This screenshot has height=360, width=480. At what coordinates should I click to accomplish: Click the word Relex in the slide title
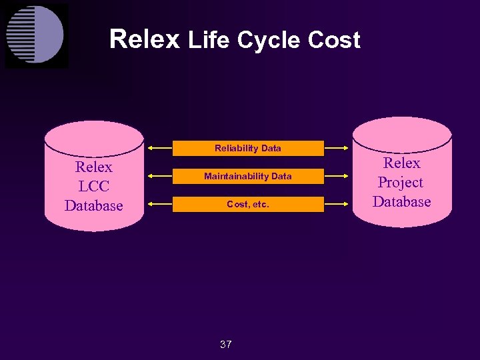click(x=144, y=39)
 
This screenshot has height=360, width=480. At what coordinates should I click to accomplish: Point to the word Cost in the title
click(x=334, y=41)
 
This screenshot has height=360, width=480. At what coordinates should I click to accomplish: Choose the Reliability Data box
click(x=248, y=148)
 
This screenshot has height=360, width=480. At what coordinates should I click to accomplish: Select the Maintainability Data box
click(x=248, y=176)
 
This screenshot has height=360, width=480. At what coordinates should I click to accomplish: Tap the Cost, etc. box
click(x=248, y=204)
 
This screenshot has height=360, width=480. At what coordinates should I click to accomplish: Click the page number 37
click(x=226, y=345)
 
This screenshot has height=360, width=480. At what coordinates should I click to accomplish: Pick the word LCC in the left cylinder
click(x=93, y=186)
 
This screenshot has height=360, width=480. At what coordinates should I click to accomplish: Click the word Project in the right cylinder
click(x=401, y=183)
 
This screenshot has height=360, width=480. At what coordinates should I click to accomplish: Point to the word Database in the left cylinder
click(x=93, y=205)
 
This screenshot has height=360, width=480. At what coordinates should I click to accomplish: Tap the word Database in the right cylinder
click(x=402, y=201)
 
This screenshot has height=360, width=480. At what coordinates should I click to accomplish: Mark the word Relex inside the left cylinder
click(x=94, y=167)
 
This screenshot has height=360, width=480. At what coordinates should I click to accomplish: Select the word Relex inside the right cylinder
click(x=402, y=163)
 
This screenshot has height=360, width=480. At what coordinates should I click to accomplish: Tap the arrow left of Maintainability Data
click(x=160, y=176)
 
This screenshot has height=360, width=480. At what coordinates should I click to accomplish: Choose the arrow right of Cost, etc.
click(x=337, y=204)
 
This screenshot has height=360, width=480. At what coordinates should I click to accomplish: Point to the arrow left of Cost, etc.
click(x=160, y=204)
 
